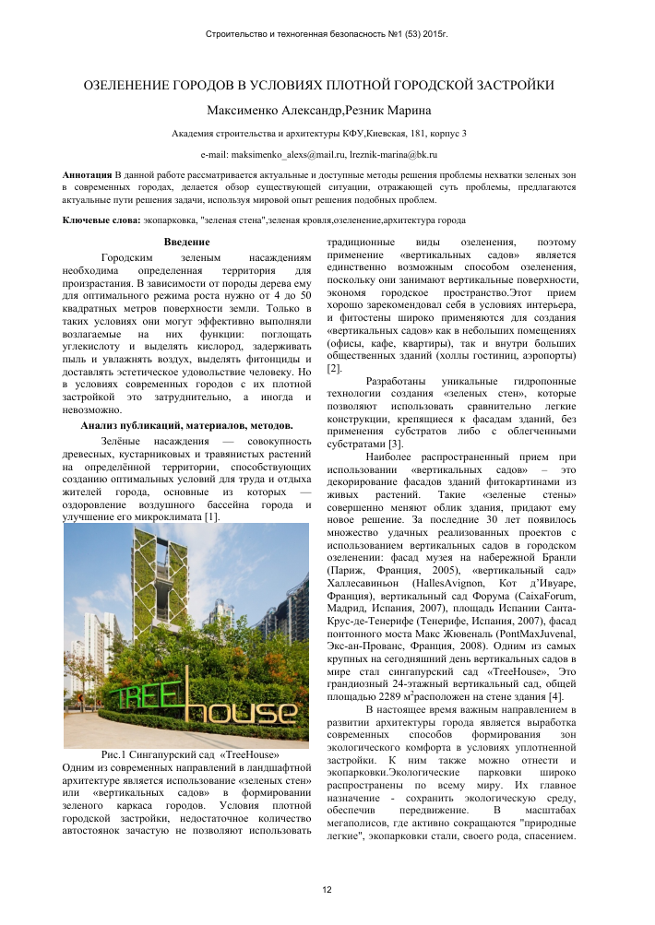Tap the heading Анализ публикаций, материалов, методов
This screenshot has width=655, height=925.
pyautogui.click(x=186, y=425)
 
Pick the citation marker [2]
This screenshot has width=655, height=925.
pyautogui.click(x=334, y=368)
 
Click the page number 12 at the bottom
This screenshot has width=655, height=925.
pyautogui.click(x=327, y=889)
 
